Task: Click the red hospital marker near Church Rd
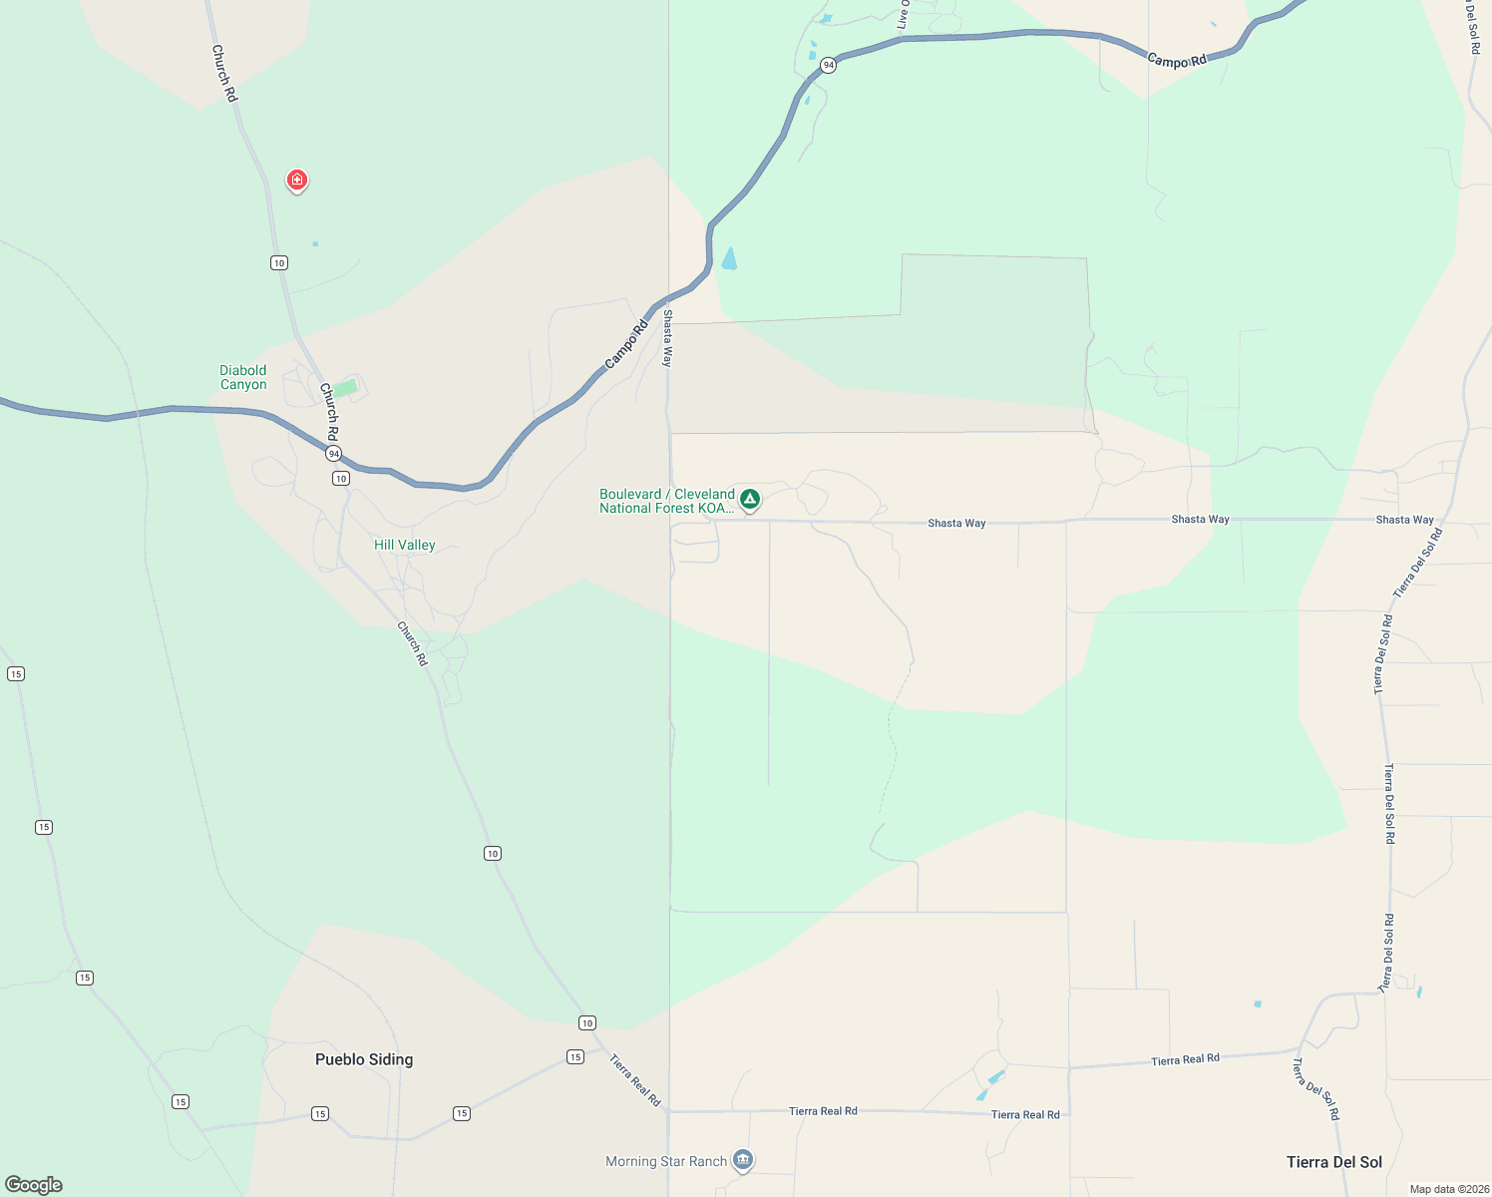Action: tap(296, 180)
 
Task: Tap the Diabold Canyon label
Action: tap(243, 377)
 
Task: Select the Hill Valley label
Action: tap(404, 545)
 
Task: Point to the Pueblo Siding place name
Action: tap(363, 1059)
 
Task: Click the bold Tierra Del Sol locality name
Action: tap(1333, 1162)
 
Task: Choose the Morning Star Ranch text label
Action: tap(665, 1161)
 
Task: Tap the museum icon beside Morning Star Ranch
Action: tap(742, 1160)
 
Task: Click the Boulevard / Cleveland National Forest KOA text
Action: tap(666, 501)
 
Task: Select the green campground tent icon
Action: tap(750, 499)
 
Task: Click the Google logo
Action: tap(34, 1185)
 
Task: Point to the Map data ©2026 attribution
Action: tap(1448, 1189)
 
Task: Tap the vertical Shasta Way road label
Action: tap(667, 339)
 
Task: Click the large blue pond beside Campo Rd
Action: tap(729, 259)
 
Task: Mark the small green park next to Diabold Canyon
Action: tap(345, 388)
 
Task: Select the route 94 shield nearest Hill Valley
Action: tap(333, 453)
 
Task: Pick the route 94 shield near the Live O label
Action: tap(828, 65)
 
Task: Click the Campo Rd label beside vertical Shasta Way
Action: tap(626, 345)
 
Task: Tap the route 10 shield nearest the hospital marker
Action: tap(278, 262)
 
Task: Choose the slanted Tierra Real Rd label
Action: tap(634, 1080)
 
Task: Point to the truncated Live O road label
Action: tap(903, 14)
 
